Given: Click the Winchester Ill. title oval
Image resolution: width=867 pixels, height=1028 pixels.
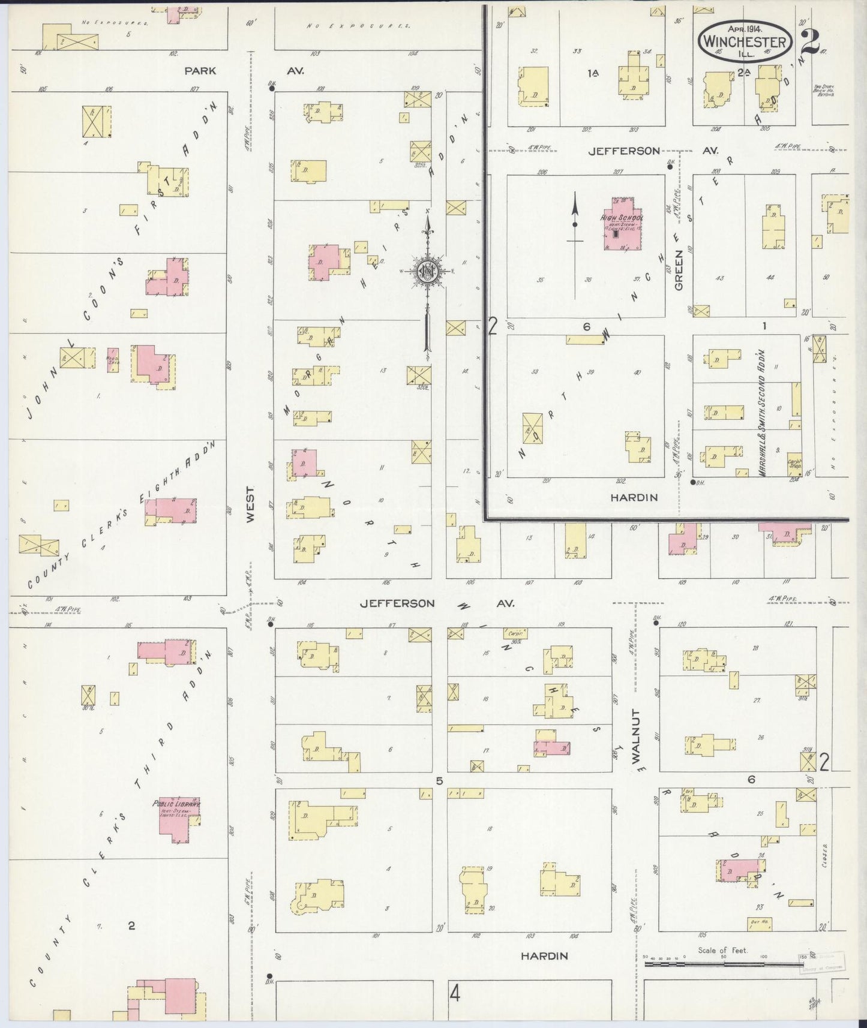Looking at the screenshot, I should coord(745,40).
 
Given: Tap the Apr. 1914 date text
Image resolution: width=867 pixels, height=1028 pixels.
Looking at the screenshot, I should coord(745,28).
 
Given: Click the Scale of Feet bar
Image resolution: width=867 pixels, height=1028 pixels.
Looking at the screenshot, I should coord(723,964).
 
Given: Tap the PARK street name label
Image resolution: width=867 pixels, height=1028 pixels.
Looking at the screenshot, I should coord(200,71).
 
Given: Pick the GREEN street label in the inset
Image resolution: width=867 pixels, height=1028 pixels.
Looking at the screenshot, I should coord(679,273).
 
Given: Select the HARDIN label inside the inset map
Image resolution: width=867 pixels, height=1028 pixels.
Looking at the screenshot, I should coord(634,497).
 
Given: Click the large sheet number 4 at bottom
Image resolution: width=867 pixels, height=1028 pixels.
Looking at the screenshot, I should coord(455,994).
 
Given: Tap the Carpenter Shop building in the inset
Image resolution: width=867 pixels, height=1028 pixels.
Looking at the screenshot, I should coord(794,464).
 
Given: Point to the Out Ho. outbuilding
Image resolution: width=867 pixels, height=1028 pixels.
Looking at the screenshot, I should coord(760,924).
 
